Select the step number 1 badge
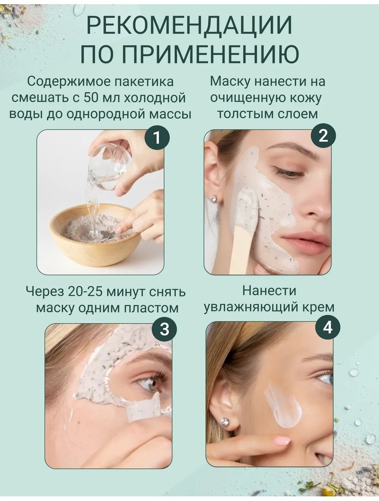pyautogui.click(x=156, y=138)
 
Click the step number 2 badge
pyautogui.click(x=323, y=136)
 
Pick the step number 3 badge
pyautogui.click(x=164, y=329)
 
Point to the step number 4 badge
pyautogui.click(x=328, y=328)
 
